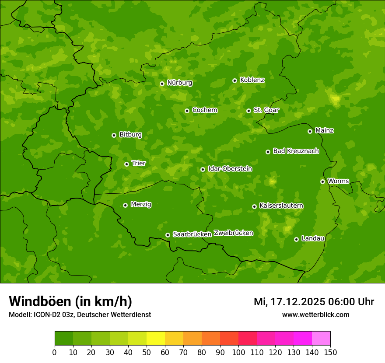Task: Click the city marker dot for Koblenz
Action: [x=234, y=80]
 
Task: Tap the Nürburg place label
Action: [x=179, y=83]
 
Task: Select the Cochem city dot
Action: [x=187, y=111]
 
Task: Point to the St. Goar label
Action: [x=266, y=110]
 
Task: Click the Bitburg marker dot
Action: [x=114, y=135]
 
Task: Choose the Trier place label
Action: [x=139, y=164]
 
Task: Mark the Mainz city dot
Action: [x=310, y=131]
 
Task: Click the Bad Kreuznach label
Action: [x=296, y=151]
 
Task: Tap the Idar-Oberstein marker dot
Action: [x=203, y=169]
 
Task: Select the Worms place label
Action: [x=338, y=181]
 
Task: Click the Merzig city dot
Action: [x=125, y=205]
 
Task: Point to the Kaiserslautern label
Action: [x=281, y=206]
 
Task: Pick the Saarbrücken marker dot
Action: [x=168, y=235]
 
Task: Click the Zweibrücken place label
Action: [x=233, y=233]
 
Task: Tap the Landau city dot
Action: [x=296, y=239]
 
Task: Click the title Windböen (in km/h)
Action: [x=70, y=301]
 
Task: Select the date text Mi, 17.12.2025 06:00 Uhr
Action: [x=314, y=302]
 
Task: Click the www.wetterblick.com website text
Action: [x=315, y=315]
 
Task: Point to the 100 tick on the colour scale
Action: [x=238, y=352]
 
